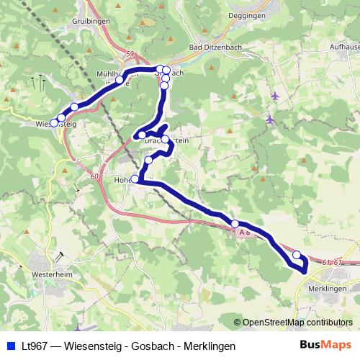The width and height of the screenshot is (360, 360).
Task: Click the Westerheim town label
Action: click(54, 274)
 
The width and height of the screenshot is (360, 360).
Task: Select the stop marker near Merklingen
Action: click(297, 255)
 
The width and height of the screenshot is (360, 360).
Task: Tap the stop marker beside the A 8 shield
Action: click(235, 223)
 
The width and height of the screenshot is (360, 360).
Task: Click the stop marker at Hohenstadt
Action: click(135, 179)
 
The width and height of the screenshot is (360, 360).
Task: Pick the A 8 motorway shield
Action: click(244, 232)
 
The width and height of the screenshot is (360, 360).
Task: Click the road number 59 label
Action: click(130, 53)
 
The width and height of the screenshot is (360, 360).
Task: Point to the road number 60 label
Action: click(95, 175)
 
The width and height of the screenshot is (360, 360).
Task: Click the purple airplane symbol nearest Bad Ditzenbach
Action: click(276, 95)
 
